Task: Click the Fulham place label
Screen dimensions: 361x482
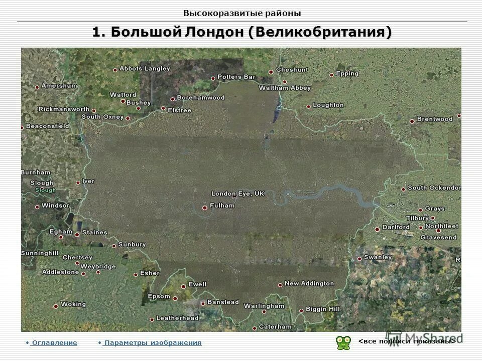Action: click(222, 206)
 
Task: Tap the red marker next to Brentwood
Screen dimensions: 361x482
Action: click(412, 121)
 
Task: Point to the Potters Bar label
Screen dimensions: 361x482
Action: click(236, 77)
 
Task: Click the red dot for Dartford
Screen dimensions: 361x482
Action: click(377, 229)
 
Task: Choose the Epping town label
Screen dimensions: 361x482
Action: click(347, 73)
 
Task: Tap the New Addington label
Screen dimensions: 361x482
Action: click(309, 283)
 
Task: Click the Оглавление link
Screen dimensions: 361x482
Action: click(54, 343)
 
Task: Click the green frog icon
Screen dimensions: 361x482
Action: click(343, 342)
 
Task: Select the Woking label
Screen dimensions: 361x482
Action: click(73, 304)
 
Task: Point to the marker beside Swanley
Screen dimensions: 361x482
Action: click(359, 259)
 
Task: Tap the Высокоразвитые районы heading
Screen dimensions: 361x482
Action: click(242, 14)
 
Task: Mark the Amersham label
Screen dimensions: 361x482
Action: click(59, 86)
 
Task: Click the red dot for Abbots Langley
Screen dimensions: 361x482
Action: click(115, 70)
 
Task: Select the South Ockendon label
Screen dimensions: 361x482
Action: click(434, 188)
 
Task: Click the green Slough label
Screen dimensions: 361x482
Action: click(46, 191)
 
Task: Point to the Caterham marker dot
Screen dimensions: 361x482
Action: click(255, 328)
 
